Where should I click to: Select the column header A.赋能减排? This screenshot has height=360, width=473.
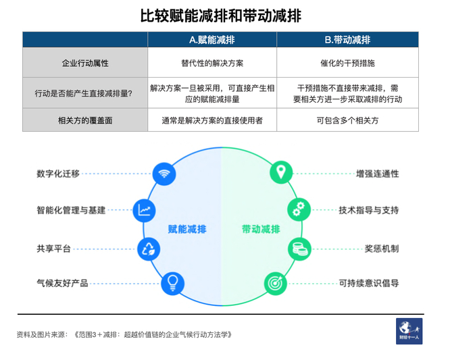coord(212,40)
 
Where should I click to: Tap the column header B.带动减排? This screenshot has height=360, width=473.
coord(347,40)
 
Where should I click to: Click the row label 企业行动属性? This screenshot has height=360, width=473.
coord(85,63)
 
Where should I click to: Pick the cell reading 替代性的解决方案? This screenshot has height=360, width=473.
coord(212,63)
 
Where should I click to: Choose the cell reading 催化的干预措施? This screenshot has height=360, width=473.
coord(347,63)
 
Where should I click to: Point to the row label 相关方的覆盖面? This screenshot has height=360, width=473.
coord(85,120)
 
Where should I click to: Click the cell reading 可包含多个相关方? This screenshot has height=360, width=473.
coord(347,120)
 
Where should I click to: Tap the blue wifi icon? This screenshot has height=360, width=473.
coord(163,173)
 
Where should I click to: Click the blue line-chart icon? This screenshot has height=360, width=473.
coord(145,210)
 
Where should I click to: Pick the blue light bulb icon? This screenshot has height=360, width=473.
coord(172,282)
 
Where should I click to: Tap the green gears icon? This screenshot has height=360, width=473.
coord(298,209)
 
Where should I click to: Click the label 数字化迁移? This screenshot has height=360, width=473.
coord(58,174)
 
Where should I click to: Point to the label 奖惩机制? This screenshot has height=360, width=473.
coord(381,249)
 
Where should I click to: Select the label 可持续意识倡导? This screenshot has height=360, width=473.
coord(369,283)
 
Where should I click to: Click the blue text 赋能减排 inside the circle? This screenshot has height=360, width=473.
coord(187,229)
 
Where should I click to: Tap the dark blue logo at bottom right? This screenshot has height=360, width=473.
coord(409,331)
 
